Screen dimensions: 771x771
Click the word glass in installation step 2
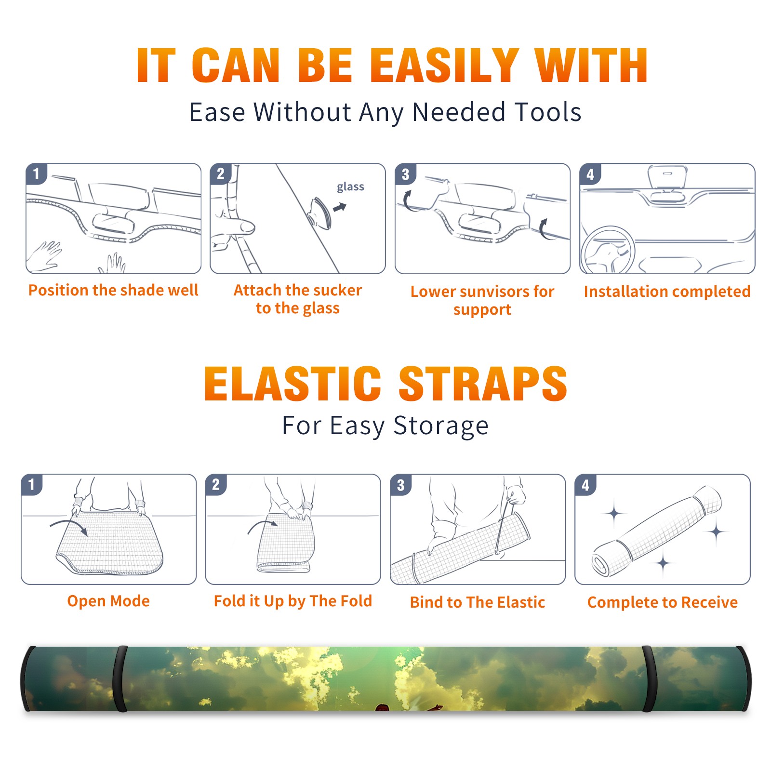[350, 187]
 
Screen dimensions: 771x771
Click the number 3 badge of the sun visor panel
[405, 174]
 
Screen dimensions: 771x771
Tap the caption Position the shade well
[113, 290]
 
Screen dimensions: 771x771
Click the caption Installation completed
[667, 292]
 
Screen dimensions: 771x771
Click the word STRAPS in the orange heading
[483, 384]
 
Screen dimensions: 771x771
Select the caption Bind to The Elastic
[478, 602]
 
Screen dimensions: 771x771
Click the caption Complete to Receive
[663, 602]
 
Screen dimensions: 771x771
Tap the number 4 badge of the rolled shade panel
[585, 485]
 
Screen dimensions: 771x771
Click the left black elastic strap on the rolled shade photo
[120, 678]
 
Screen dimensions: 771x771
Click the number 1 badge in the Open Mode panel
[32, 485]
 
